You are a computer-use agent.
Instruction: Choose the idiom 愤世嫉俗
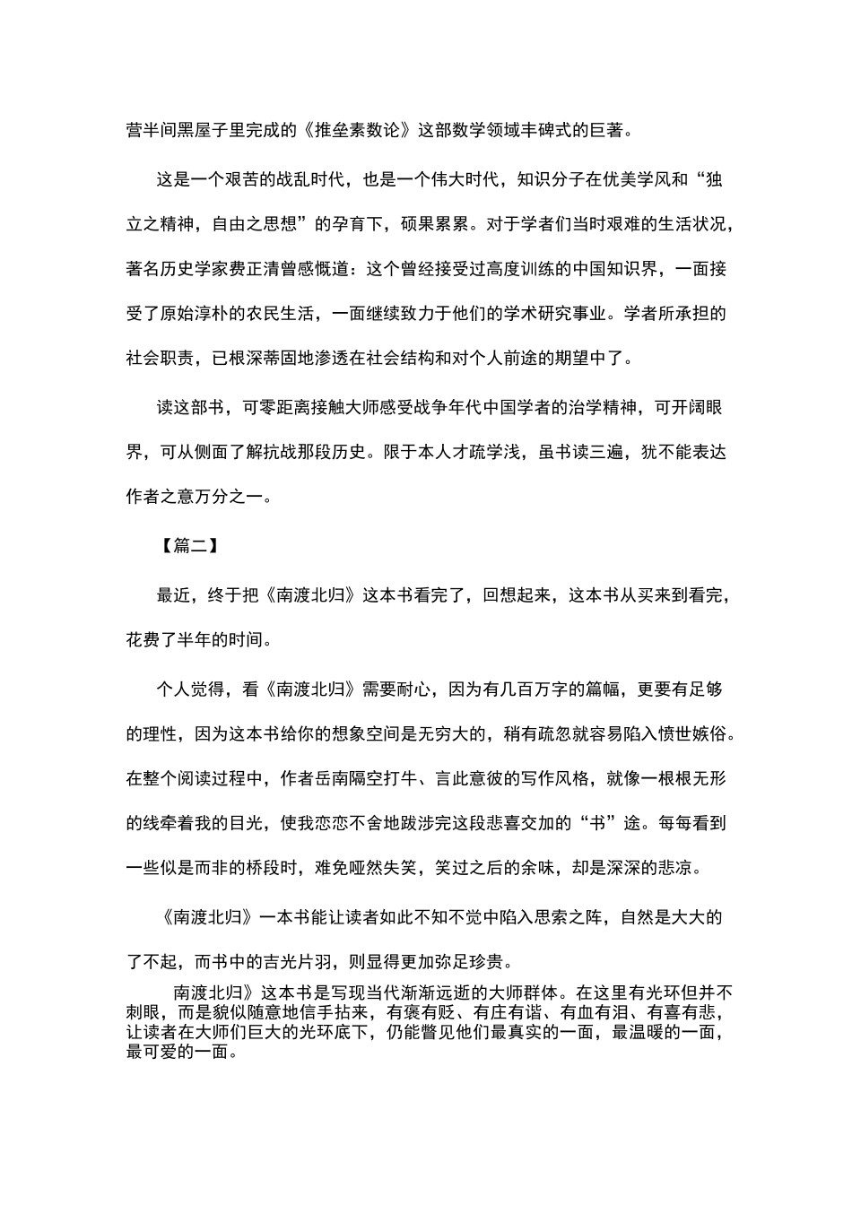tap(692, 734)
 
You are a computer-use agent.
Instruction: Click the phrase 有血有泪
tap(589, 1012)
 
